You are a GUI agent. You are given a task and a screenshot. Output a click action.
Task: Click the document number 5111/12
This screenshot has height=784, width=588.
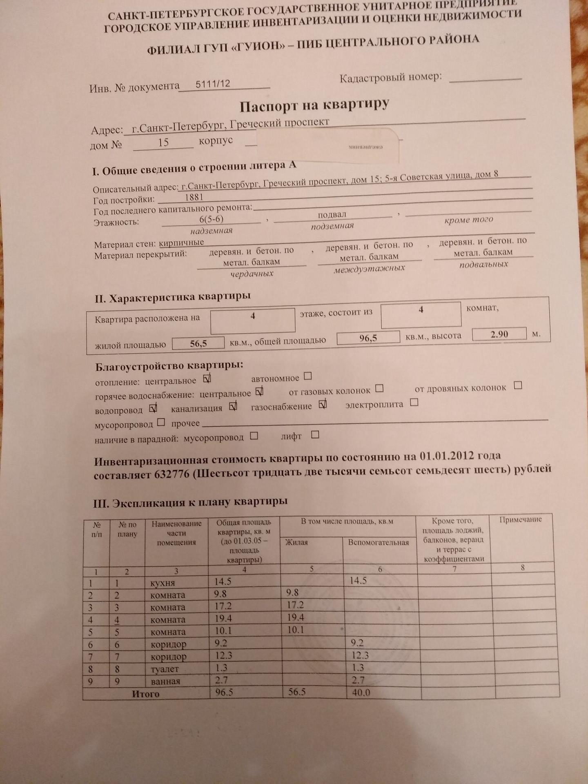[213, 84]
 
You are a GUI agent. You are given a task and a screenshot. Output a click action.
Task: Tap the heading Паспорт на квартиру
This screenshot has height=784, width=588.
[314, 105]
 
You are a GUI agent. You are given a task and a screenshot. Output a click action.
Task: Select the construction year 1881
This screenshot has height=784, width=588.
[194, 198]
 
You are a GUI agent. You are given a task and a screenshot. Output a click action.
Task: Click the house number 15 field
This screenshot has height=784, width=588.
[163, 143]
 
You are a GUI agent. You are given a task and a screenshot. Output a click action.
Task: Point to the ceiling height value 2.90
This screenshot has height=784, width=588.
[499, 334]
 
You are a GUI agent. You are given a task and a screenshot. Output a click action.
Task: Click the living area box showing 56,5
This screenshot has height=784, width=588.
[198, 343]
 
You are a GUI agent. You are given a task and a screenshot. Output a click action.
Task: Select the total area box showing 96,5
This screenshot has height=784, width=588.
[368, 338]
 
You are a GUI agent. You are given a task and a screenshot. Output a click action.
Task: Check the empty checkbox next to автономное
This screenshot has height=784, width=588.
[308, 376]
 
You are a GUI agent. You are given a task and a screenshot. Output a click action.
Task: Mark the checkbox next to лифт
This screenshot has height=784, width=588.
[315, 435]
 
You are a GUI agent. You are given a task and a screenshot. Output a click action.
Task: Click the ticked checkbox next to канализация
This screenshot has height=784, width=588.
[233, 406]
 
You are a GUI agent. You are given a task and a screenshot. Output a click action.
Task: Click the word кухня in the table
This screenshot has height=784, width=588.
[162, 583]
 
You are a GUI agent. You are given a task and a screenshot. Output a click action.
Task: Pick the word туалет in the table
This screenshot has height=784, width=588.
[165, 669]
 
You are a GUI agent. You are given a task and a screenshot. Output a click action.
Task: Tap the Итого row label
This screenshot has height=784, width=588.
[145, 693]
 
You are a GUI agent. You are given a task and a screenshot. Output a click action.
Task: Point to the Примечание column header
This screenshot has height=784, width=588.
[520, 519]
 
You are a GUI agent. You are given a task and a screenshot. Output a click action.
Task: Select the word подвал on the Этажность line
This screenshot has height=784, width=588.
[332, 214]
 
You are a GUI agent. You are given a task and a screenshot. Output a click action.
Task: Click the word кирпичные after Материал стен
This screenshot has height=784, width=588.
[181, 243]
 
